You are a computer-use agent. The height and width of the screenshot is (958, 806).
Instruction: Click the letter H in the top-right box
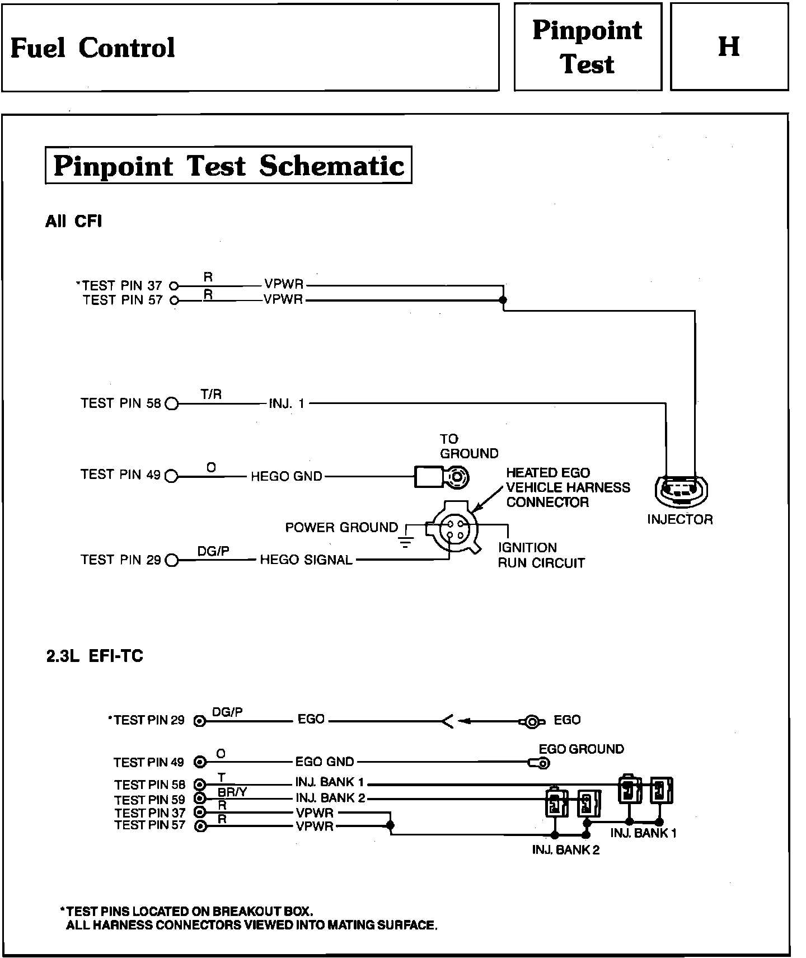(x=729, y=46)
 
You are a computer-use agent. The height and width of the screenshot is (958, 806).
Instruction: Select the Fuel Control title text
(x=93, y=48)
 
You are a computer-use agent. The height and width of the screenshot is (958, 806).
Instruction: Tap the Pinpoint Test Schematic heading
(x=228, y=166)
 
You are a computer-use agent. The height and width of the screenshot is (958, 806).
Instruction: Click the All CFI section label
(x=73, y=222)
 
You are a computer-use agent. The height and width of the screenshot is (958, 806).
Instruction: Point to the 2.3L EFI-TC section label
(x=95, y=656)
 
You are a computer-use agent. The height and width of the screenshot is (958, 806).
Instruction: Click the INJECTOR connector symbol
(x=680, y=490)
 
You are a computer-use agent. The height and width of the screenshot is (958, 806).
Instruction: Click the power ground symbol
(x=406, y=540)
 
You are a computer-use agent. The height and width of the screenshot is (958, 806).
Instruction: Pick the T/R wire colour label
(x=211, y=395)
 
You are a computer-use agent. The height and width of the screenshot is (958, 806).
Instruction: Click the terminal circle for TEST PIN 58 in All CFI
(x=172, y=403)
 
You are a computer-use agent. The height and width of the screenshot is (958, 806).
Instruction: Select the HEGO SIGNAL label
(x=306, y=560)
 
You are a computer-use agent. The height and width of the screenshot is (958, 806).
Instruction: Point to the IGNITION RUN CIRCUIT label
(x=541, y=555)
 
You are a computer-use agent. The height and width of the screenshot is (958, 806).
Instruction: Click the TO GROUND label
(x=468, y=446)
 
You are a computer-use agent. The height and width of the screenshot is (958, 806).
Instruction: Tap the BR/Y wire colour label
(x=232, y=793)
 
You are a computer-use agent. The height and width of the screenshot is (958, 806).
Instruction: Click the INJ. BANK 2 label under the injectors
(x=565, y=850)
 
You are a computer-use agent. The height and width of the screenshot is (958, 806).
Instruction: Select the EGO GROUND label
(x=581, y=749)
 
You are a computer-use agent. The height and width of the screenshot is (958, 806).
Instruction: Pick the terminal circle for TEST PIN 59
(x=199, y=799)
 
